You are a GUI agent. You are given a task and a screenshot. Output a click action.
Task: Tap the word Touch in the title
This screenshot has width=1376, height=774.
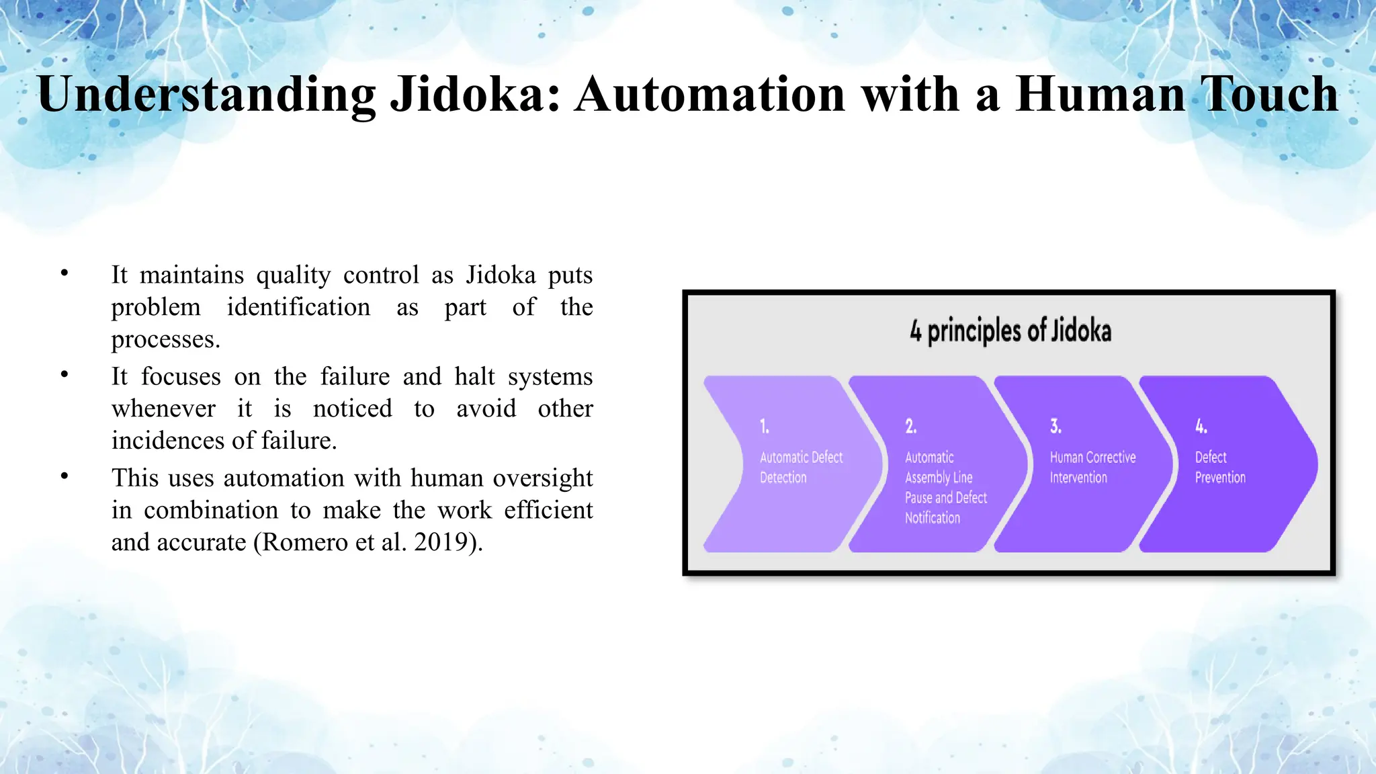click(1269, 94)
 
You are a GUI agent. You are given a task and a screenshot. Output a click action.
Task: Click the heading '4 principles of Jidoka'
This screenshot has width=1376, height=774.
click(1010, 331)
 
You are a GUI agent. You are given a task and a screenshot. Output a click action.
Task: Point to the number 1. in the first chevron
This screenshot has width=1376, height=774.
click(765, 426)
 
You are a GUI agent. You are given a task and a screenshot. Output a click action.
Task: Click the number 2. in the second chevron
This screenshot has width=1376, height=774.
click(910, 426)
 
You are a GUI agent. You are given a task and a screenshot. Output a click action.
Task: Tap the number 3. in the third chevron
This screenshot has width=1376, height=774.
click(1056, 426)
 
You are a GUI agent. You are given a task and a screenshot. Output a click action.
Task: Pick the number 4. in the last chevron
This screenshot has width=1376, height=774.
click(1201, 426)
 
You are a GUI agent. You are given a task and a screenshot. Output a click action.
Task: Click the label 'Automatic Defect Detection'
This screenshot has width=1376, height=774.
click(801, 467)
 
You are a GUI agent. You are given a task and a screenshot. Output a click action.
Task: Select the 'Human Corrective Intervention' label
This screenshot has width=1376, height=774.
click(1092, 467)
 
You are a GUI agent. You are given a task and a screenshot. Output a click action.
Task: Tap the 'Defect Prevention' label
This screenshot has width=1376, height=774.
click(1219, 467)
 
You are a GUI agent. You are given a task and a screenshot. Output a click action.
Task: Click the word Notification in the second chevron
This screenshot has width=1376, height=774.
click(933, 518)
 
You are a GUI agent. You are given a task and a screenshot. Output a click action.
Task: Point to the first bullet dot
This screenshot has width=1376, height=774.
click(64, 273)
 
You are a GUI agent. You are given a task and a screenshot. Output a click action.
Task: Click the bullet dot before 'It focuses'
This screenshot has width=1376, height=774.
click(64, 374)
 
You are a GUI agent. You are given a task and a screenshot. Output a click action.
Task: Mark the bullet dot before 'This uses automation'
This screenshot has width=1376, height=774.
click(64, 476)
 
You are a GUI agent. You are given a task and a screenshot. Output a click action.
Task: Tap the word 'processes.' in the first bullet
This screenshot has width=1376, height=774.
click(166, 340)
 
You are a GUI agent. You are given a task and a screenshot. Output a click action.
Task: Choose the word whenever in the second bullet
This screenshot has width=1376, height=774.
click(163, 408)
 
